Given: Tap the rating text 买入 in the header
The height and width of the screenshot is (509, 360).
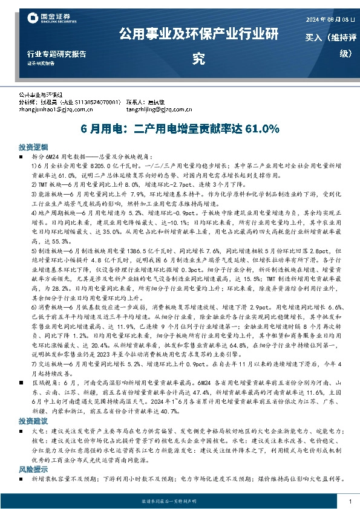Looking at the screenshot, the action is tap(313, 37).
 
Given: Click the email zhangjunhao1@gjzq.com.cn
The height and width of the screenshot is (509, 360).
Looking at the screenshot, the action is tap(55, 109).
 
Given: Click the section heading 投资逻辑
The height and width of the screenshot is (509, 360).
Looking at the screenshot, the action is tap(29, 147).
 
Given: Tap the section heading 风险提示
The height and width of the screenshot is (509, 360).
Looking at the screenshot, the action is tap(29, 468).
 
